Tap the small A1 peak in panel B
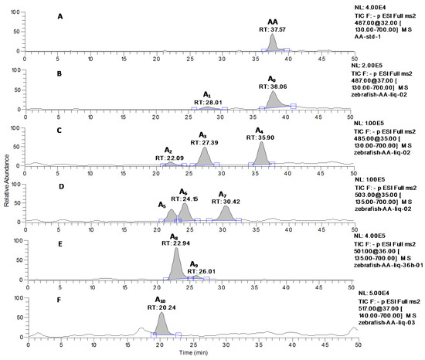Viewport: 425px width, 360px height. pos(207,108)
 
